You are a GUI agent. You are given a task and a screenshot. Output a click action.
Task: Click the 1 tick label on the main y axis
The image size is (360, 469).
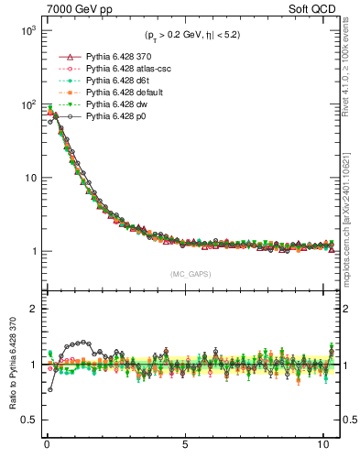(x=32, y=251)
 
